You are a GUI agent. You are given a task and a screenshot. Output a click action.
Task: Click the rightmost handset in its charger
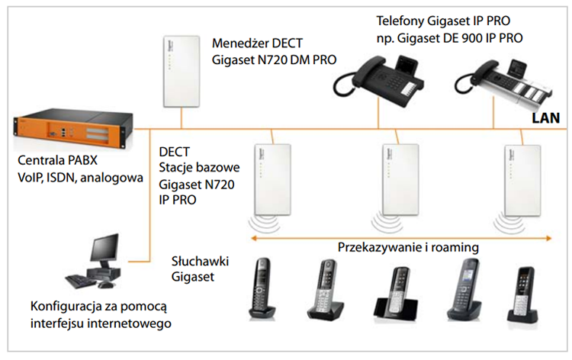[x=525, y=291]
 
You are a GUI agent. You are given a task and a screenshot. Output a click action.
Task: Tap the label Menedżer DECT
[x=248, y=43]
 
